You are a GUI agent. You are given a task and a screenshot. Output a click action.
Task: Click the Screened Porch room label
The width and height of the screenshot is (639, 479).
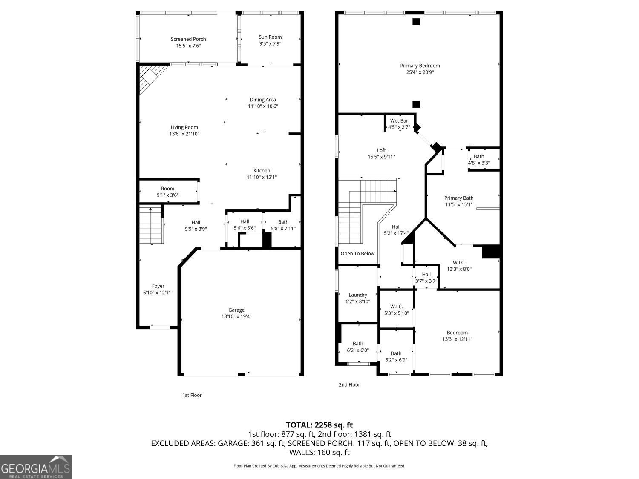pyautogui.click(x=188, y=39)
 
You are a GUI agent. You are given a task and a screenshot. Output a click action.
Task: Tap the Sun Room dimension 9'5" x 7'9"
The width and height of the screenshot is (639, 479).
pyautogui.click(x=270, y=44)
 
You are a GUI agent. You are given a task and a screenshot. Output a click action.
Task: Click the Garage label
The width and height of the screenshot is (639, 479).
pyautogui.click(x=236, y=310)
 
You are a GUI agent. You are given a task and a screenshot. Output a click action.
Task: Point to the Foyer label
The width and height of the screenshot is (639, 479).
pyautogui.click(x=158, y=286)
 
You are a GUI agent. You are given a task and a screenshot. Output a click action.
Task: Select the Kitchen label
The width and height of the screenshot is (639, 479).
pyautogui.click(x=262, y=171)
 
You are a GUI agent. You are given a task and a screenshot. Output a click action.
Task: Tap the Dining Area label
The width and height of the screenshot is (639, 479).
pyautogui.click(x=263, y=100)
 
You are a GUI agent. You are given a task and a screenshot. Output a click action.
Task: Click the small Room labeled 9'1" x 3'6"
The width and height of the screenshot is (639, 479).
pyautogui.click(x=167, y=192)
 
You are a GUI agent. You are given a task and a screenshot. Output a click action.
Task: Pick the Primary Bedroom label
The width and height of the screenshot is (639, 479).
pyautogui.click(x=420, y=66)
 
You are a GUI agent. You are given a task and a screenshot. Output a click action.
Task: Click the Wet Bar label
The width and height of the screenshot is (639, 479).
pyautogui.click(x=399, y=121)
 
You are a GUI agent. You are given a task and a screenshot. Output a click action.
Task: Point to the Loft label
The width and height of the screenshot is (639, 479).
pyautogui.click(x=381, y=150)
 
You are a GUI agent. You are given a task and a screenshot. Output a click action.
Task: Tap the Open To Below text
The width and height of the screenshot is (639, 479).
pyautogui.click(x=357, y=254)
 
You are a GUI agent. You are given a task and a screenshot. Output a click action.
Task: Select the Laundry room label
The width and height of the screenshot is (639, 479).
pyautogui.click(x=357, y=295)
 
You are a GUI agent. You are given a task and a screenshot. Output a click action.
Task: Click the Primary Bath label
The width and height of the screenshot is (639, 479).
pyautogui.click(x=459, y=198)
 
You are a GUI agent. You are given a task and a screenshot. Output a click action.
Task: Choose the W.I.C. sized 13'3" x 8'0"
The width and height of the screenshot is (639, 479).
pyautogui.click(x=459, y=266)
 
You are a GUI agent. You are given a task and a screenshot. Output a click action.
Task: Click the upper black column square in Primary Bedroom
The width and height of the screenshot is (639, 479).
pyautogui.click(x=416, y=22)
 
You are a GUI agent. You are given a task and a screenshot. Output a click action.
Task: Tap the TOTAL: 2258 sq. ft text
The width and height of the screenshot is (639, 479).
pyautogui.click(x=319, y=425)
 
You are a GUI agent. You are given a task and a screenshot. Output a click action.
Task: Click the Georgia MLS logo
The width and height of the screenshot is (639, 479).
pyautogui.click(x=36, y=467)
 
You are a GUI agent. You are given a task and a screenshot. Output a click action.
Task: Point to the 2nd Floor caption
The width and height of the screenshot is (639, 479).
pyautogui.click(x=349, y=384)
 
